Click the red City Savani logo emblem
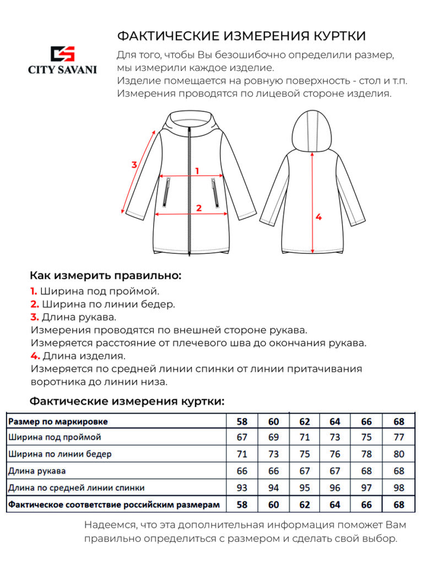pyautogui.click(x=62, y=54)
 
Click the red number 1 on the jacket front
pyautogui.click(x=197, y=171)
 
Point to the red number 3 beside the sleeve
pyautogui.click(x=134, y=164)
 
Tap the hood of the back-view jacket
pyautogui.click(x=312, y=129)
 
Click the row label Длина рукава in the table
pyautogui.click(x=37, y=471)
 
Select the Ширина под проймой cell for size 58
pyautogui.click(x=242, y=438)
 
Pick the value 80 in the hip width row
pyautogui.click(x=399, y=454)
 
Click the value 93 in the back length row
pyautogui.click(x=242, y=488)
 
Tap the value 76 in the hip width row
pyautogui.click(x=335, y=454)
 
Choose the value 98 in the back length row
pyautogui.click(x=399, y=488)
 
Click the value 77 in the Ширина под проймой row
pyautogui.click(x=399, y=438)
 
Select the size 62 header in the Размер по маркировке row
pyautogui.click(x=304, y=422)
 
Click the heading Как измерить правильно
pyautogui.click(x=105, y=275)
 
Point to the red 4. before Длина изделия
pyautogui.click(x=35, y=355)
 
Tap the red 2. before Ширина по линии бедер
pyautogui.click(x=34, y=304)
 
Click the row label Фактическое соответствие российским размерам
pyautogui.click(x=114, y=505)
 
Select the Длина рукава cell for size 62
pyautogui.click(x=304, y=471)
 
